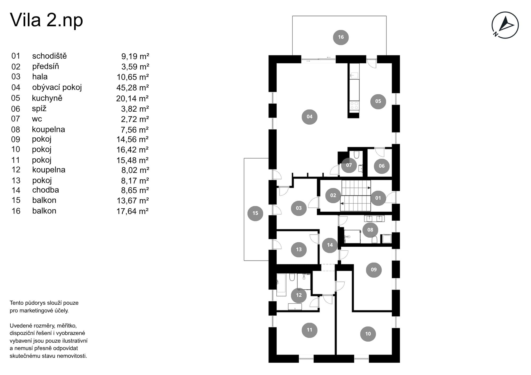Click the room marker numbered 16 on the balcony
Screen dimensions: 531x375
(341, 37)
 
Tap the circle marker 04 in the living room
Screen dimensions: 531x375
(310, 117)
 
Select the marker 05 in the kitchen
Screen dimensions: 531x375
(378, 101)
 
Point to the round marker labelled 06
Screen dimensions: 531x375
(382, 166)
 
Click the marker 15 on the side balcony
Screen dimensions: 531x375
(255, 213)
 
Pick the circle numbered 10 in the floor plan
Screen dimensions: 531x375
(368, 334)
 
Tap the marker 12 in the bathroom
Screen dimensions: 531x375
(299, 295)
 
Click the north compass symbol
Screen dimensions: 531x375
(505, 25)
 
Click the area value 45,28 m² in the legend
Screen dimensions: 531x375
(132, 88)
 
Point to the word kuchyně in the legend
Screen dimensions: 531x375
(47, 98)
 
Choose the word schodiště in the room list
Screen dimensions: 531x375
(49, 56)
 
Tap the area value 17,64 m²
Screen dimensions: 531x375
(132, 211)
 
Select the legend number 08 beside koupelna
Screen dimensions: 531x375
(16, 129)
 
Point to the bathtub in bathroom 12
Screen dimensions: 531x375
(281, 285)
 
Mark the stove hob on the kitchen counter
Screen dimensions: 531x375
(354, 106)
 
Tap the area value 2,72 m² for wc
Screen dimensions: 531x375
(135, 119)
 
